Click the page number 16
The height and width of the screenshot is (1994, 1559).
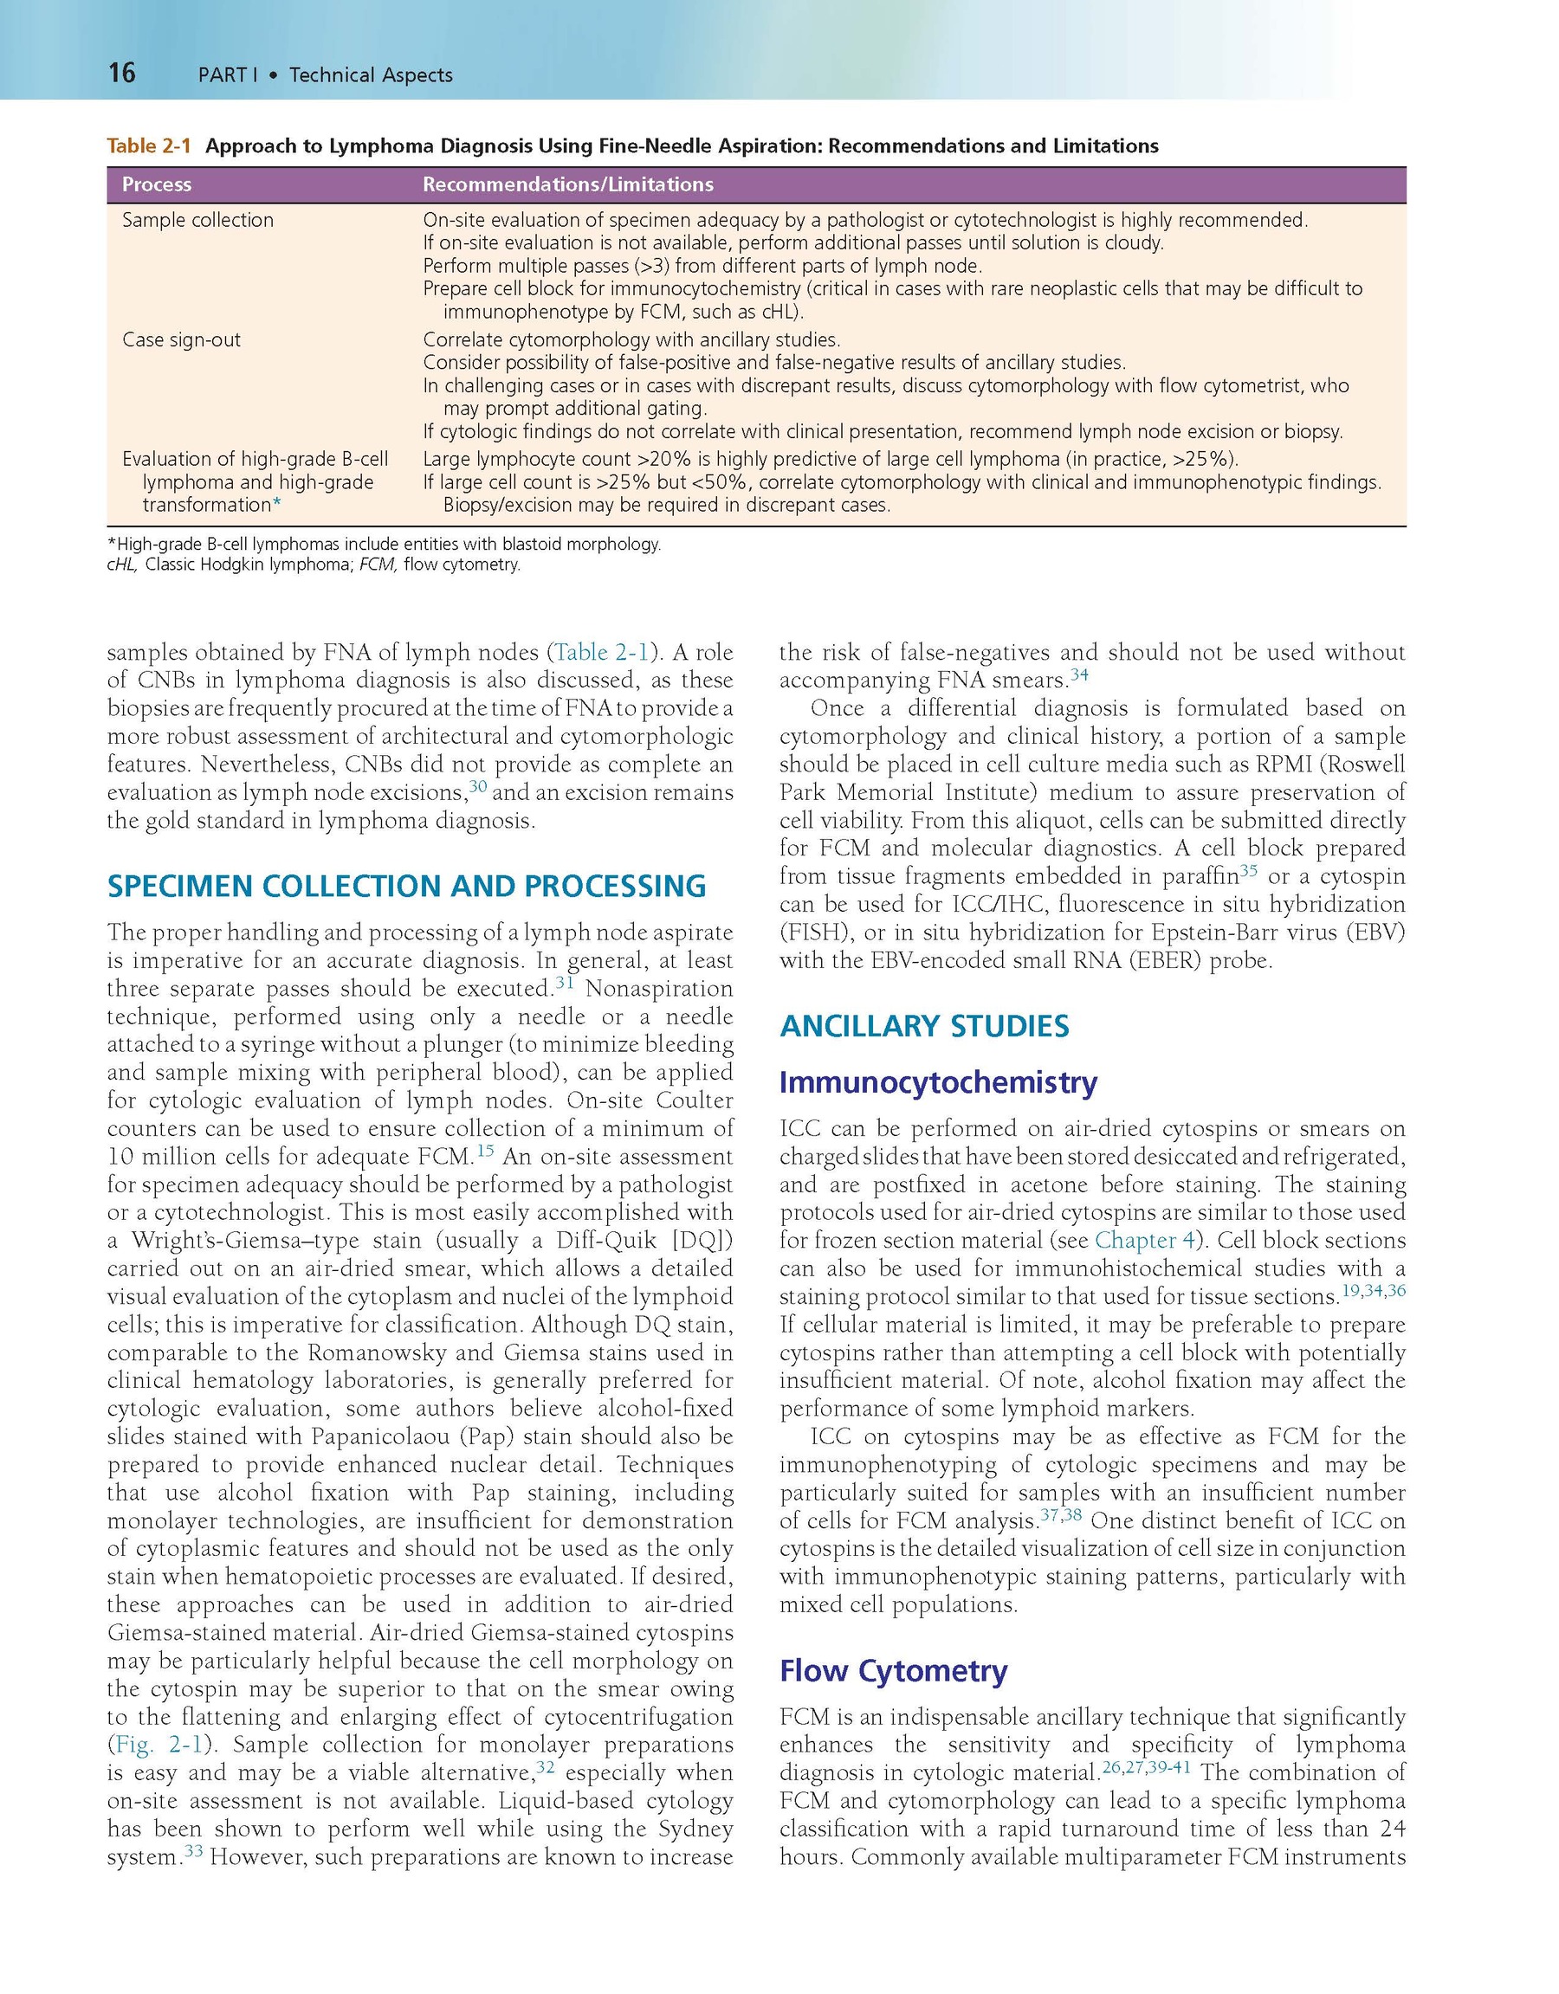121,72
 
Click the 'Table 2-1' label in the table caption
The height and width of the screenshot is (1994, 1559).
149,146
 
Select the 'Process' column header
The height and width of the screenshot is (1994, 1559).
156,184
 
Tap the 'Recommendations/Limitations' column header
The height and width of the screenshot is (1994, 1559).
567,184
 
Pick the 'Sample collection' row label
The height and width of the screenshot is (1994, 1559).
197,220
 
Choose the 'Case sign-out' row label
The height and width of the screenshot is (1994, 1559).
181,339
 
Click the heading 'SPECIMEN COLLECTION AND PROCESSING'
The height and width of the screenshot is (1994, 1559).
406,886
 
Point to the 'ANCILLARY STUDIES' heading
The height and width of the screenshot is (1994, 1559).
923,1025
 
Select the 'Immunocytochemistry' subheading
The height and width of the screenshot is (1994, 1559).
938,1082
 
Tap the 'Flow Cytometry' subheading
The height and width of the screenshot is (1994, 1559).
892,1670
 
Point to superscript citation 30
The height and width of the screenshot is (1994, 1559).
477,786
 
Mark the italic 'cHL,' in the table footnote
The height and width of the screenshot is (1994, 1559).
123,565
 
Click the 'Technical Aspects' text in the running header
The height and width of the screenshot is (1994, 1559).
371,74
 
